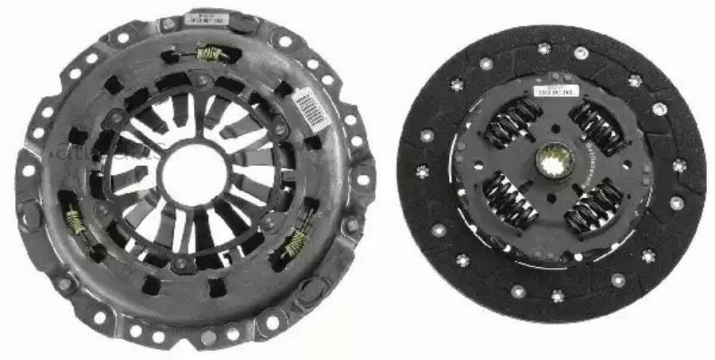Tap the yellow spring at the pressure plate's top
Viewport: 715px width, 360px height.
pos(211,54)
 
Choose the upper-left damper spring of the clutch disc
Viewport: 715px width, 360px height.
pos(509,126)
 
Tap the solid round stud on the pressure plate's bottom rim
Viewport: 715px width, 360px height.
pos(207,339)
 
